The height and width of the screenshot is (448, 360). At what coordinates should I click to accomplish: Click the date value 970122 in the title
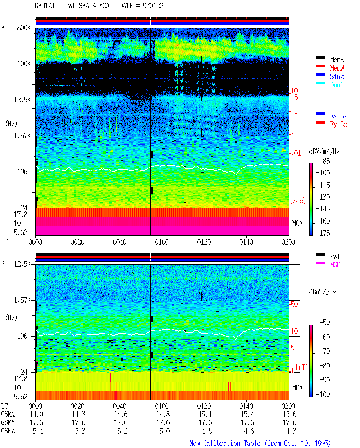[x=153, y=6]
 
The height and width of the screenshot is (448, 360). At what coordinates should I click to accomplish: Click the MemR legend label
[x=337, y=60]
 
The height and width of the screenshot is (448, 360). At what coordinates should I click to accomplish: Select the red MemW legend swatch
[x=320, y=66]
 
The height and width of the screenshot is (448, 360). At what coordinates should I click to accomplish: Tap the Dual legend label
[x=336, y=85]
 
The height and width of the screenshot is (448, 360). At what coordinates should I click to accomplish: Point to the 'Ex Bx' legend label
[x=339, y=116]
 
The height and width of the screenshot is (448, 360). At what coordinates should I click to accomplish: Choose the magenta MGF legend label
[x=335, y=265]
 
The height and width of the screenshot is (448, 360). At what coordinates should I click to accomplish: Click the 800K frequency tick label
[x=24, y=28]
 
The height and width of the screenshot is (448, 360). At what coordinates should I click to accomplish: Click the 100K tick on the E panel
[x=24, y=64]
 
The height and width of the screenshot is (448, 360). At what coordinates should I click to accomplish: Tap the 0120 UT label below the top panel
[x=204, y=242]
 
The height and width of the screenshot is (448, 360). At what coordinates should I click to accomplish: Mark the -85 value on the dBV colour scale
[x=325, y=161]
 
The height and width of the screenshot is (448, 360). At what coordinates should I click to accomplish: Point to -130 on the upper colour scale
[x=323, y=197]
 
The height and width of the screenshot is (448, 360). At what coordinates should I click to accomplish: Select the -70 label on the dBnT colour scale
[x=325, y=351]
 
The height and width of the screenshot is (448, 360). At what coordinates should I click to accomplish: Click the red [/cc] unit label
[x=298, y=201]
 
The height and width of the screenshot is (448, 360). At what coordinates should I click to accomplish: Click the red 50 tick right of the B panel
[x=294, y=304]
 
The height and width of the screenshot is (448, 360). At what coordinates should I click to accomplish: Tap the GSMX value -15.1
[x=203, y=414]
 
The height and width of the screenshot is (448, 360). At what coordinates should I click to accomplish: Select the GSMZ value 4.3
[x=291, y=431]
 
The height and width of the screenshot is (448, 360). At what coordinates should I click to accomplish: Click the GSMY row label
[x=8, y=422]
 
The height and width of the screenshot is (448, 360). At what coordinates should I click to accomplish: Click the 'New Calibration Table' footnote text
[x=225, y=443]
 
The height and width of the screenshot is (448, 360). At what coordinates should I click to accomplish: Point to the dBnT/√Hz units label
[x=323, y=292]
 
